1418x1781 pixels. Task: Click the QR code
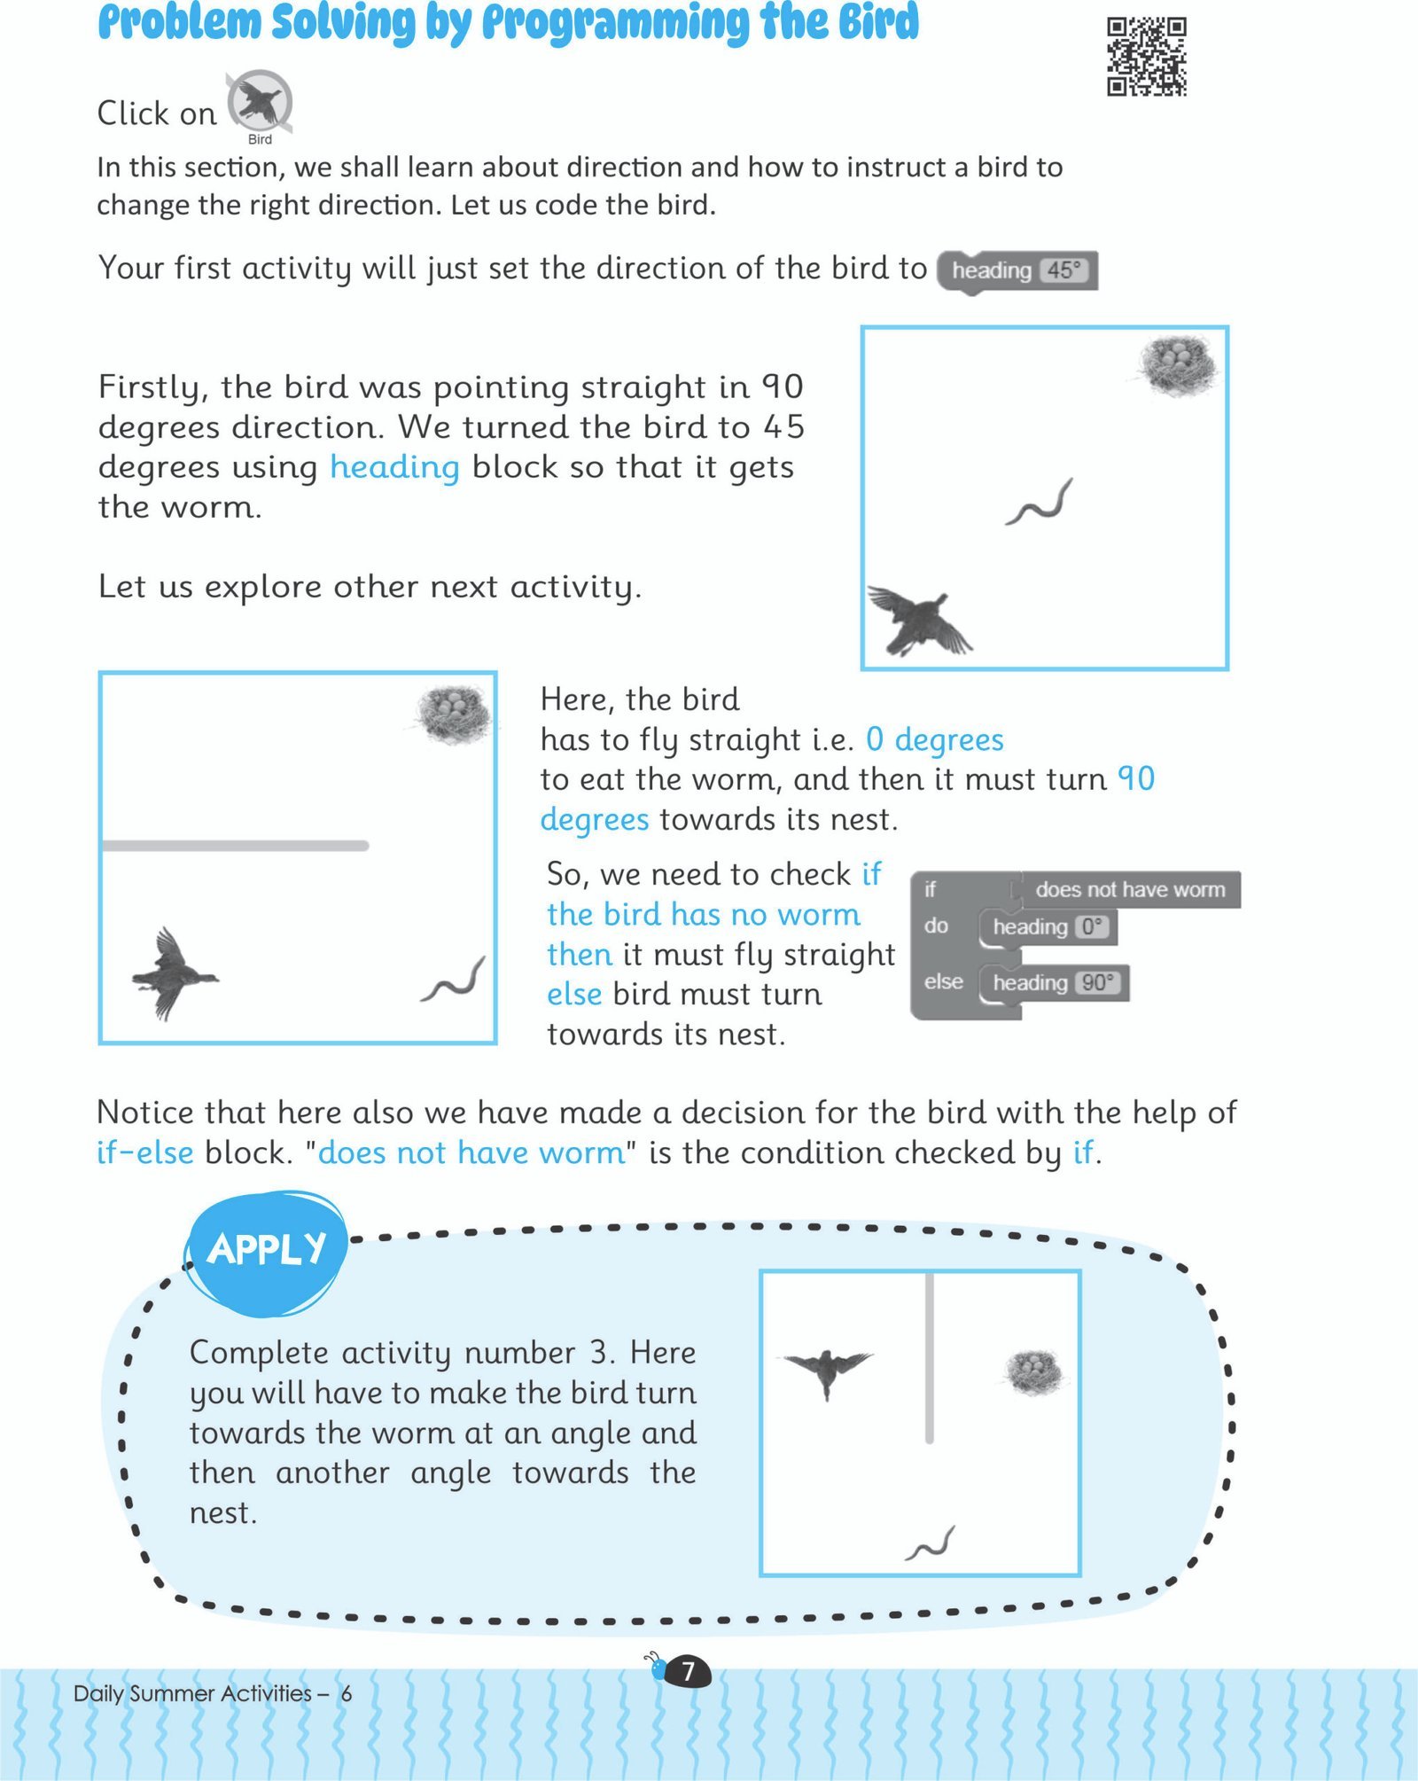pos(1146,56)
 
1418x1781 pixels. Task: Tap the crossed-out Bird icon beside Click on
pos(259,103)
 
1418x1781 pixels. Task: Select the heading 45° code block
pos(1018,270)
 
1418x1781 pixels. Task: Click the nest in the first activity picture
pos(1178,365)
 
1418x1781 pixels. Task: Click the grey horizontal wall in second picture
pos(235,846)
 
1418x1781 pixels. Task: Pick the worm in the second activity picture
pos(454,980)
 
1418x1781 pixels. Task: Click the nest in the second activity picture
pos(453,714)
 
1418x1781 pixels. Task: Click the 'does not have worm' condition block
pos(1128,889)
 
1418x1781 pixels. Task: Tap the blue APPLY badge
pos(266,1250)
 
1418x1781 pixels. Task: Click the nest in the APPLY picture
pos(1033,1371)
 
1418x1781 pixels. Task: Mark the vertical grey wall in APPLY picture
pos(929,1356)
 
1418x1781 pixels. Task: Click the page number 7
pos(687,1672)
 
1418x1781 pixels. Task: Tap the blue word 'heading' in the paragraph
pos(394,467)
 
